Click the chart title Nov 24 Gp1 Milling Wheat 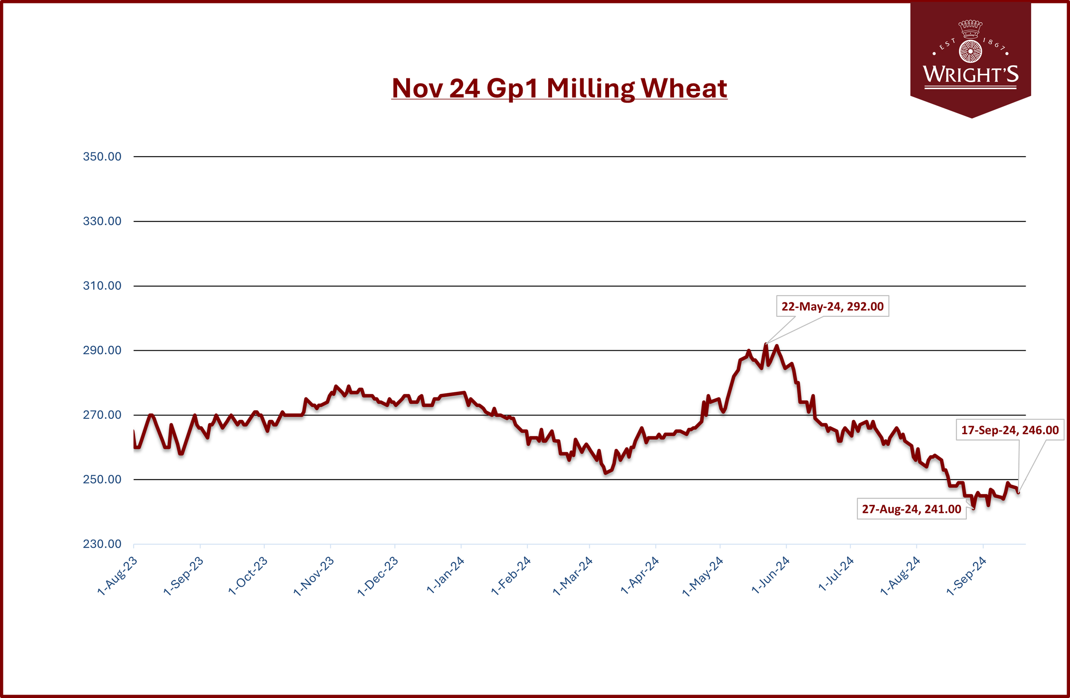559,88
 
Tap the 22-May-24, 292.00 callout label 832,306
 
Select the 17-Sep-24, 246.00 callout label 1010,430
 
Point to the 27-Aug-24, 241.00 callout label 911,509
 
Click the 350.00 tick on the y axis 102,156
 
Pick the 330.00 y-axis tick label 102,221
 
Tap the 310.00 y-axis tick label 102,286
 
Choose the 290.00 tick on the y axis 102,350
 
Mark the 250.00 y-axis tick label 102,480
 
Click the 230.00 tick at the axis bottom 102,544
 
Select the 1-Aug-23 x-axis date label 117,576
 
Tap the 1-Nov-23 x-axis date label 314,576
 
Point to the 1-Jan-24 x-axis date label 445,575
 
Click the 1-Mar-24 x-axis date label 573,576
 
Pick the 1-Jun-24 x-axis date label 770,575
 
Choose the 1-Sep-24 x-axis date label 966,576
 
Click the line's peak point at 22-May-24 766,344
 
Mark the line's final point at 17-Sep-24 1018,492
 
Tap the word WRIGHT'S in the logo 971,74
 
